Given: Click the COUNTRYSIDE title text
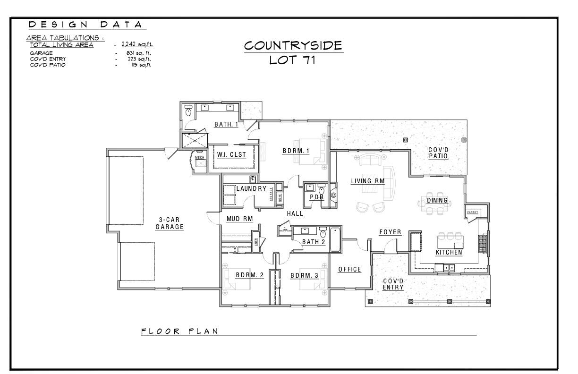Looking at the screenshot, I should pyautogui.click(x=293, y=45).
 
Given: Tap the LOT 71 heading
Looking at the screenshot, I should pyautogui.click(x=292, y=60).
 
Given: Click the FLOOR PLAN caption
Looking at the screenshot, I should pyautogui.click(x=180, y=331).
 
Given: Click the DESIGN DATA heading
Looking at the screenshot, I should pyautogui.click(x=85, y=25).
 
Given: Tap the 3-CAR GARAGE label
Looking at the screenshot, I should pyautogui.click(x=169, y=223).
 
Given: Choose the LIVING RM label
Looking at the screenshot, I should pyautogui.click(x=367, y=181).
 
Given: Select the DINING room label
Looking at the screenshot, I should pyautogui.click(x=437, y=200).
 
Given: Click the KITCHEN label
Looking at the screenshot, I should pyautogui.click(x=449, y=252).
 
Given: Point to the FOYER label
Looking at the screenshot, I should pyautogui.click(x=390, y=232).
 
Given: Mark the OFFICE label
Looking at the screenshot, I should pyautogui.click(x=349, y=269).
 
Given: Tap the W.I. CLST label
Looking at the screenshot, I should pyautogui.click(x=231, y=154).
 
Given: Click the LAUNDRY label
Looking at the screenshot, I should pyautogui.click(x=251, y=188).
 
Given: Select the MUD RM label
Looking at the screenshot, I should pyautogui.click(x=239, y=219).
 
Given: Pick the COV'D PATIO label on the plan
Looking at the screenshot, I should pyautogui.click(x=438, y=153).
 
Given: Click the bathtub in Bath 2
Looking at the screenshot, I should pyautogui.click(x=335, y=238).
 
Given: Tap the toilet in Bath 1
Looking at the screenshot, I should pyautogui.click(x=188, y=112).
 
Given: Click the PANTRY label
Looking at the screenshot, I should pyautogui.click(x=473, y=212).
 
